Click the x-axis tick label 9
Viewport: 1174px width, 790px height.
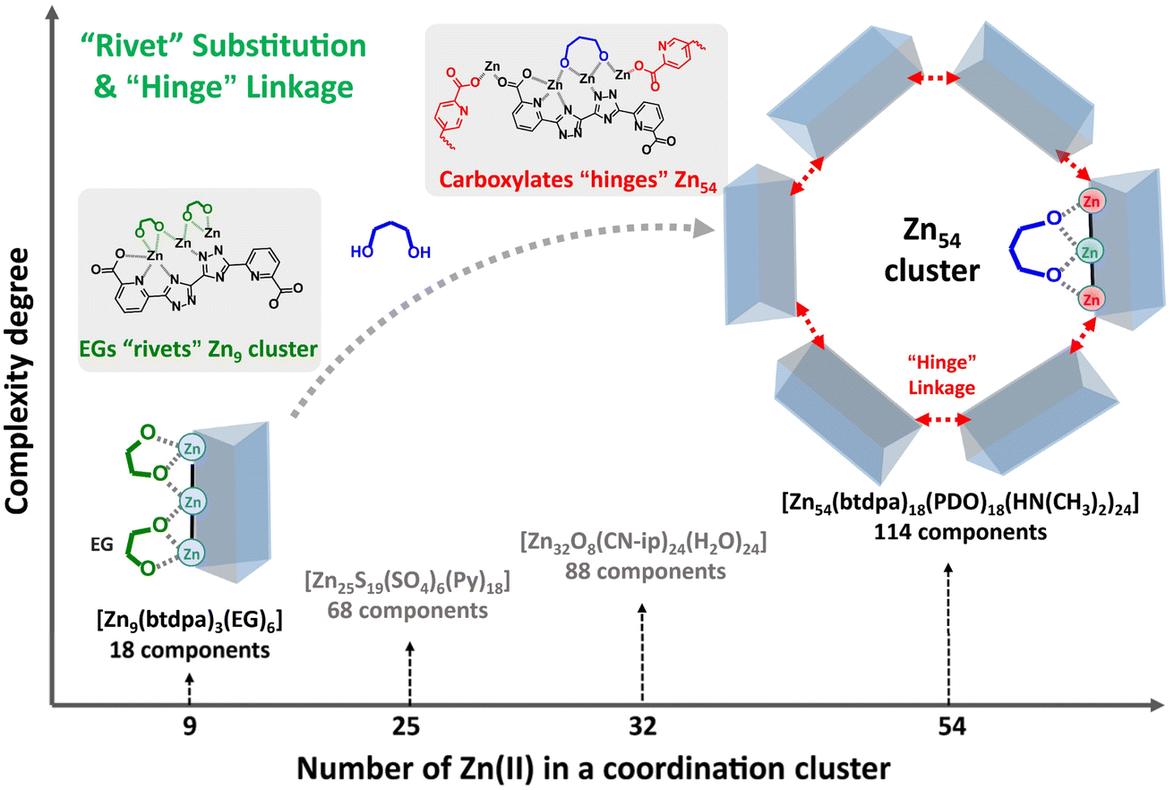tap(189, 727)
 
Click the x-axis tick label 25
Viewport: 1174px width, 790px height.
tap(409, 727)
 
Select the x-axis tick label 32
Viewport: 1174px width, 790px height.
tap(642, 727)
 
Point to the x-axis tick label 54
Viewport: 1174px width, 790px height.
tap(950, 727)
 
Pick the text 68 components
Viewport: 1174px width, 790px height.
tap(408, 611)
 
